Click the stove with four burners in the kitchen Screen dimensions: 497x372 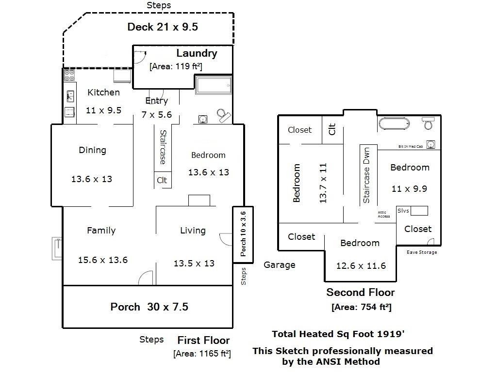tap(69, 76)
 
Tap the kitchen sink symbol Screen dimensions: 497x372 tap(70, 96)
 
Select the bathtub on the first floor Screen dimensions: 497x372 tap(214, 85)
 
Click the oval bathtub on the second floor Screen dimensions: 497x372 tap(394, 124)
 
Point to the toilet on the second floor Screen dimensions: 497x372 tap(428, 123)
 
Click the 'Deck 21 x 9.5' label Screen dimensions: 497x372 tap(163, 27)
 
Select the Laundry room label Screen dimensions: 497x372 tap(197, 53)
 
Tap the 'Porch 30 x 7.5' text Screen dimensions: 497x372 tap(149, 307)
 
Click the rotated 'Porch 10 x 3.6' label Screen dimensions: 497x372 tap(243, 234)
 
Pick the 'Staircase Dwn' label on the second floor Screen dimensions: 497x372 tap(366, 175)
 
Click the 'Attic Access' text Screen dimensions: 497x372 tap(384, 215)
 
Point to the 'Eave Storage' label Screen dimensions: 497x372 tap(422, 252)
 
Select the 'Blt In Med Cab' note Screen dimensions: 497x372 tap(411, 146)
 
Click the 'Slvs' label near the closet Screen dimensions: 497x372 tap(403, 211)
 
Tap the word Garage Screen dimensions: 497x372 tap(279, 265)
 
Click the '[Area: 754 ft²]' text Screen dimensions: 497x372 tap(361, 307)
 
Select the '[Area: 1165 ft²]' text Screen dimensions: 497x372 tap(202, 353)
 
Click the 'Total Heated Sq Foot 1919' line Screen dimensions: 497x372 tap(338, 334)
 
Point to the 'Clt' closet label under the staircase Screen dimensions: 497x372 tap(162, 180)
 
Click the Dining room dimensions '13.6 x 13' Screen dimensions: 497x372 tap(92, 179)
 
